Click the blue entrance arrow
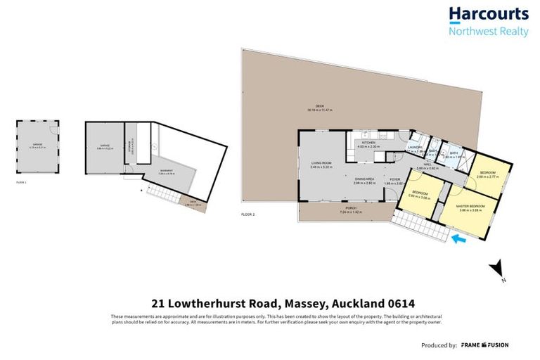point(458,240)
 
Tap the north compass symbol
point(499,267)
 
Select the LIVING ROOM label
point(321,162)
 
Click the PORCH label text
point(349,208)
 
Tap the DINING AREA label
point(364,179)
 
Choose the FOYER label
point(395,179)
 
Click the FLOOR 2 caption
point(248,214)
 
